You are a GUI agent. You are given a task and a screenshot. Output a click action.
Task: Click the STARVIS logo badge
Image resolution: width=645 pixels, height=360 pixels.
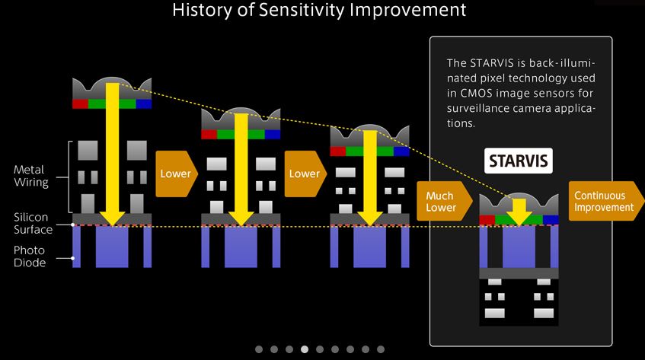pyautogui.click(x=519, y=161)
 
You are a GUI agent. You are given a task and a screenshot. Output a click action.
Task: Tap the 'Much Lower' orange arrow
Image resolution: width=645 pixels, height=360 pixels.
pyautogui.click(x=444, y=202)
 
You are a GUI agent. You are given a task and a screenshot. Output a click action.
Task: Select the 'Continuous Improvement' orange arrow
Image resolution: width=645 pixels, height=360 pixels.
pyautogui.click(x=606, y=201)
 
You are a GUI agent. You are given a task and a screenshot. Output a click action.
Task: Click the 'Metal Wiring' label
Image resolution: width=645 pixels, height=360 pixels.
pyautogui.click(x=31, y=176)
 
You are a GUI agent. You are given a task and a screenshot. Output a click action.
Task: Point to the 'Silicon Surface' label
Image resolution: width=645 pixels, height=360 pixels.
pyautogui.click(x=33, y=223)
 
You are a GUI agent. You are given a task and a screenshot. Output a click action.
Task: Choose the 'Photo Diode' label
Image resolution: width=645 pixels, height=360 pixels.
pyautogui.click(x=29, y=256)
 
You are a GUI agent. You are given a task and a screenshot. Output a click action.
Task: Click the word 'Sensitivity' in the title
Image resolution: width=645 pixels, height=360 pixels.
pyautogui.click(x=301, y=9)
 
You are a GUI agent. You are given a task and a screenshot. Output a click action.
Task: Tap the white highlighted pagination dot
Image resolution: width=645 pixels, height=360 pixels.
pyautogui.click(x=305, y=349)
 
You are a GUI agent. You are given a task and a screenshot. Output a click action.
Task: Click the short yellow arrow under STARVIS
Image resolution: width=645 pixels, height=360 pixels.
pyautogui.click(x=519, y=212)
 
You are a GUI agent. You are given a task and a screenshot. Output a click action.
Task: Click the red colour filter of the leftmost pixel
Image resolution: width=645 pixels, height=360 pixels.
pyautogui.click(x=80, y=104)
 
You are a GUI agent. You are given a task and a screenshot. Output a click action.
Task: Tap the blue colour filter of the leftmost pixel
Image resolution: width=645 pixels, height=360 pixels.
pyautogui.click(x=144, y=104)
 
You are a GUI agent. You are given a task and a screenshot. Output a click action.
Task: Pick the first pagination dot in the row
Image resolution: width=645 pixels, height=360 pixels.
pyautogui.click(x=259, y=349)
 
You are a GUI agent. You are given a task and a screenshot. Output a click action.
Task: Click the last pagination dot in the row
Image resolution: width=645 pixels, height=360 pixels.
pyautogui.click(x=381, y=349)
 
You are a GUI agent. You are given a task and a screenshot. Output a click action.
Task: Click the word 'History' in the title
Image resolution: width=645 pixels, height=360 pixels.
pyautogui.click(x=202, y=10)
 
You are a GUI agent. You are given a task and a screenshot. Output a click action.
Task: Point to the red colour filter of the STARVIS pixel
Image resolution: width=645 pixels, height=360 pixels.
pyautogui.click(x=487, y=220)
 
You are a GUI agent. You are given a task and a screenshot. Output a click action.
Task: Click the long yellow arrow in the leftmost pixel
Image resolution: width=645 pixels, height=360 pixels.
pyautogui.click(x=112, y=155)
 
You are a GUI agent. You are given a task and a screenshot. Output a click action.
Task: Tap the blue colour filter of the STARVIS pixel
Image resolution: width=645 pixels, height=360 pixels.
pyautogui.click(x=551, y=220)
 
